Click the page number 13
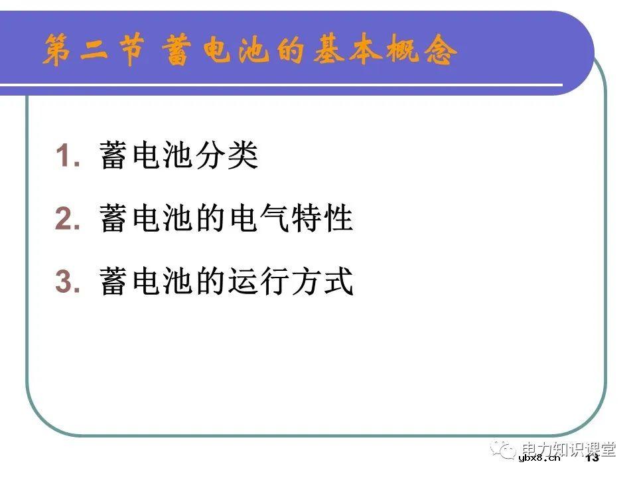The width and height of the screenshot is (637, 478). tap(592, 457)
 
